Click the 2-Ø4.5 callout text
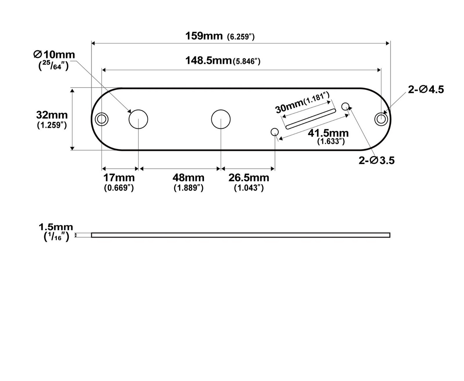pos(426,89)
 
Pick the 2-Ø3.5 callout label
pos(376,160)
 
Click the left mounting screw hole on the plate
pos(102,119)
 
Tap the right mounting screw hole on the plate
pos(381,119)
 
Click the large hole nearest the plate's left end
pos(138,119)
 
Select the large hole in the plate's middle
pos(221,119)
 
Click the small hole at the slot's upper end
pos(345,106)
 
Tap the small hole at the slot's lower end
pos(275,132)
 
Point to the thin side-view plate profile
pos(241,235)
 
